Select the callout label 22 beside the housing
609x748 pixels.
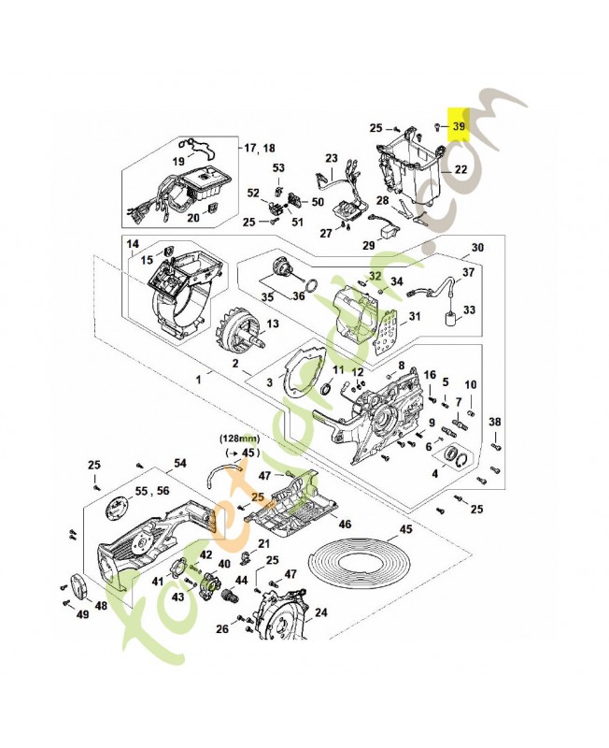(x=460, y=170)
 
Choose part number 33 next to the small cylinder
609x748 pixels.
(x=469, y=309)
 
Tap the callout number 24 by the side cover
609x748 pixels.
(x=320, y=613)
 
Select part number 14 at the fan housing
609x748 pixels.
(x=133, y=244)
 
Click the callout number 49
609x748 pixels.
(x=82, y=614)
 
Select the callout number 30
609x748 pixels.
(x=477, y=248)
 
